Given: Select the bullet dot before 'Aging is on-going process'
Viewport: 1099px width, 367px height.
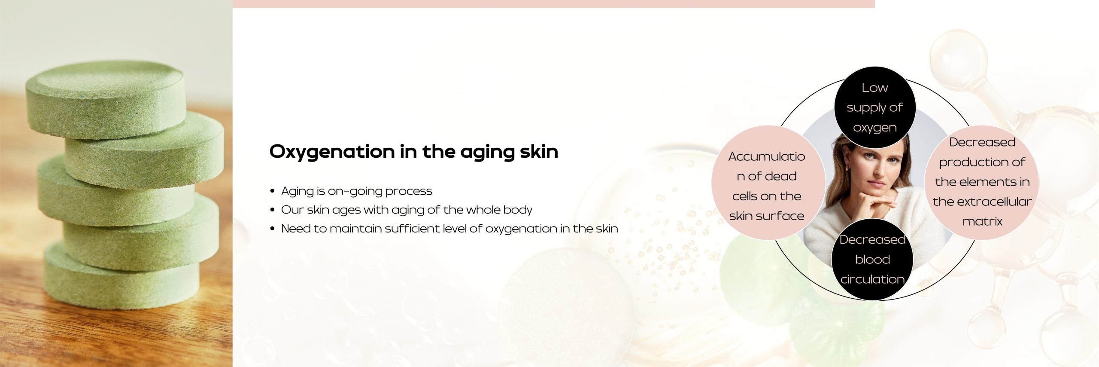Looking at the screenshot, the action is tap(272, 191).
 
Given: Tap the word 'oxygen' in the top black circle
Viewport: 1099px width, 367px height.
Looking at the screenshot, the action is tap(875, 128).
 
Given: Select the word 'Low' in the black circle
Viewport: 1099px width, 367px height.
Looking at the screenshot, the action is tap(874, 88).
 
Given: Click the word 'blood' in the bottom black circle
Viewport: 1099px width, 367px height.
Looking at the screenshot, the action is tap(872, 260).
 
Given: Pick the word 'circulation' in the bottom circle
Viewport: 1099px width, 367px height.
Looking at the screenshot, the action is tap(872, 279).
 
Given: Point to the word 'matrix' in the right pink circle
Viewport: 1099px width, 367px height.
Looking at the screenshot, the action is tap(982, 221).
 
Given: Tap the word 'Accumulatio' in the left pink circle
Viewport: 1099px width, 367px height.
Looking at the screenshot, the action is tap(767, 156).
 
